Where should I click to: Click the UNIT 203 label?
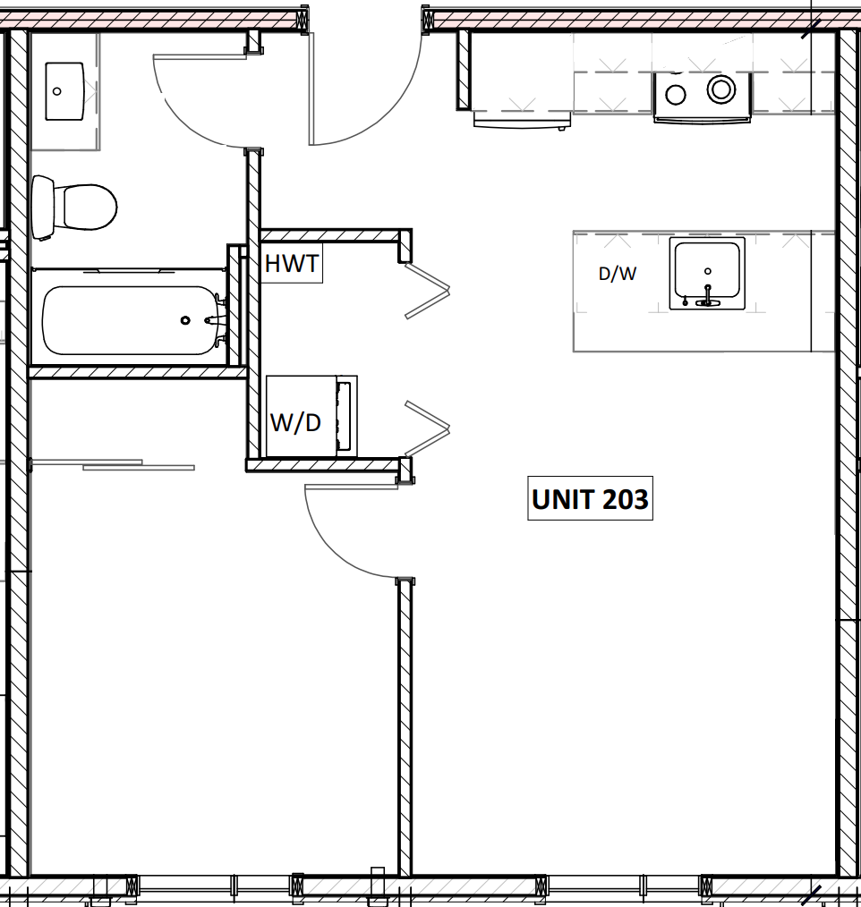pos(590,499)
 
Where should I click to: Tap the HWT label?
pos(292,265)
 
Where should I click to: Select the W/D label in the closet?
pos(295,422)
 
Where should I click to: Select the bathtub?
pos(131,320)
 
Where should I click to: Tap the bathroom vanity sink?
pos(64,90)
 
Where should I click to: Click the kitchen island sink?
pos(707,274)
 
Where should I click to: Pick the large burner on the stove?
pos(720,89)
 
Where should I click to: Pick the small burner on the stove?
pos(676,93)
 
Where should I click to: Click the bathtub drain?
pos(185,320)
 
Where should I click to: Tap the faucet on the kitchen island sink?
pos(707,296)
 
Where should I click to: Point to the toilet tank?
pos(42,208)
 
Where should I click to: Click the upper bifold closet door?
pos(427,290)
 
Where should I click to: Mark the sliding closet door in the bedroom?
pos(112,464)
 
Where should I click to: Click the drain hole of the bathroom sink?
pos(57,90)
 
